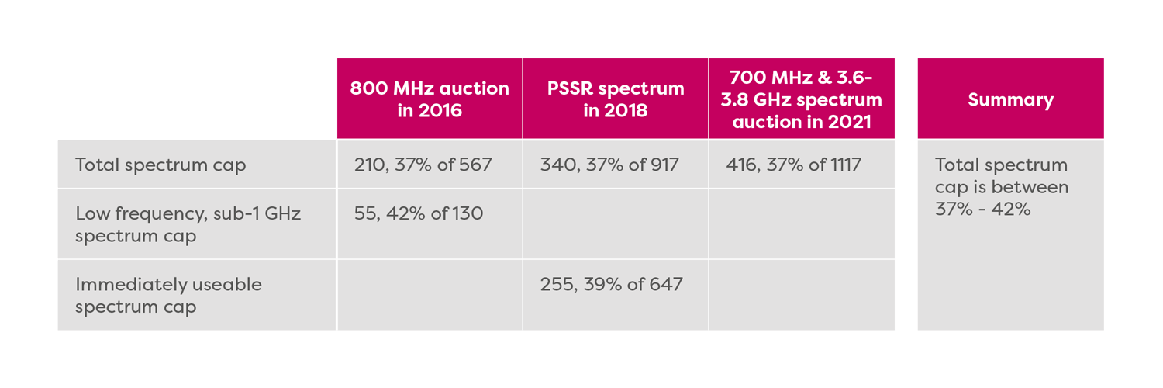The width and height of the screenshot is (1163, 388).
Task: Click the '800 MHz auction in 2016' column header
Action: (430, 99)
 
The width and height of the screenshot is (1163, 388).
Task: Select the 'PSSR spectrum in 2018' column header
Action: (615, 99)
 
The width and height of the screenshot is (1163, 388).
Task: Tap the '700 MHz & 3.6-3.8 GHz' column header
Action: (806, 99)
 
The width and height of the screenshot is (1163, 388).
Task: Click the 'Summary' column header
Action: (1010, 99)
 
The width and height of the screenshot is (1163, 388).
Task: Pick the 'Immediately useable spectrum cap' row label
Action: (168, 295)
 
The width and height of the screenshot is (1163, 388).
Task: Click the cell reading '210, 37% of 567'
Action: (423, 165)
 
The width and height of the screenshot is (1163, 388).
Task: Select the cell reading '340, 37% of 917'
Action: (609, 165)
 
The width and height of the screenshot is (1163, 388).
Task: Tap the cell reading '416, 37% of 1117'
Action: (794, 165)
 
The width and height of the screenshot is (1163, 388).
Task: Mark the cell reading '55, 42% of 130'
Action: (419, 213)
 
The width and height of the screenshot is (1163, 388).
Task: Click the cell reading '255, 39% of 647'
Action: (611, 284)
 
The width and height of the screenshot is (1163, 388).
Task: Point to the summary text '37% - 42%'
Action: (982, 209)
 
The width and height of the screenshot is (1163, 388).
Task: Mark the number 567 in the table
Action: (475, 165)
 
